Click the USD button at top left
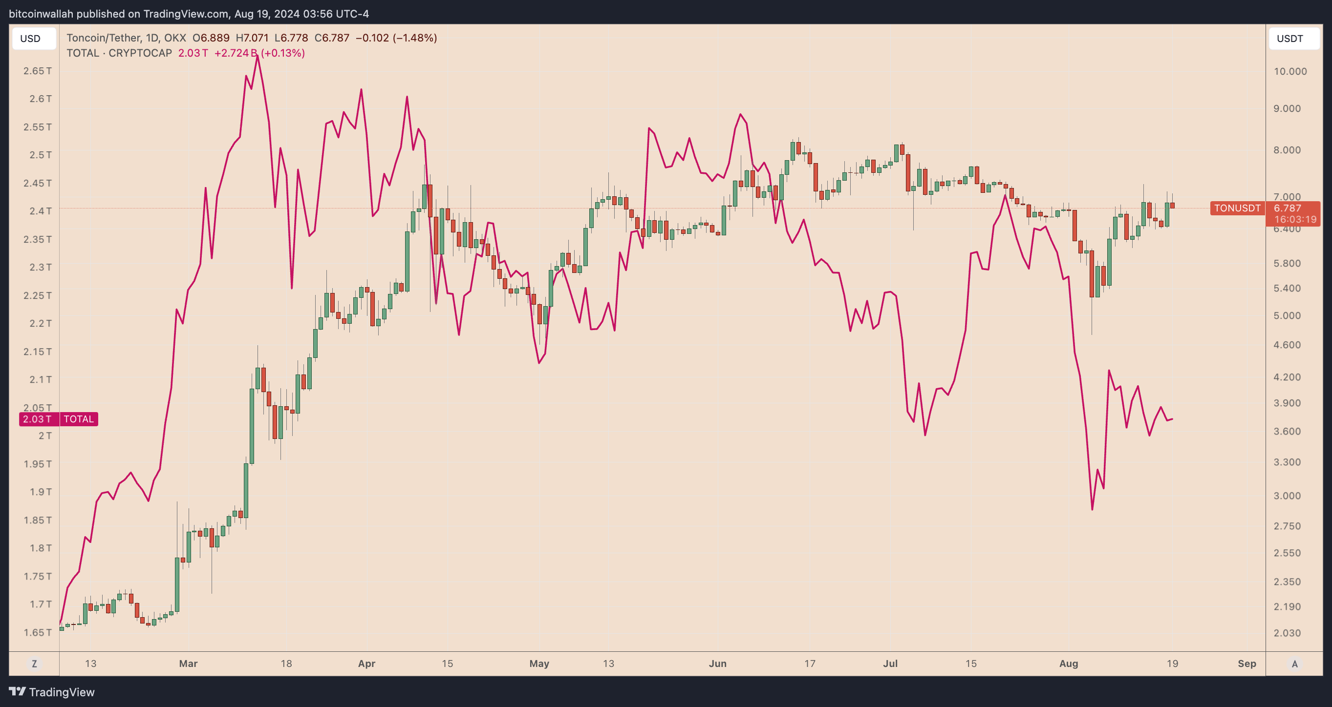[30, 39]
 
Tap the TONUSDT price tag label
[1237, 208]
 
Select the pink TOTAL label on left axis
[79, 419]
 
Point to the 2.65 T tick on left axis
[37, 71]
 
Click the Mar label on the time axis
[188, 664]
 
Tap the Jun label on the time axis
[717, 664]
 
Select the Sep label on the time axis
[1246, 664]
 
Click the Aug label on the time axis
[1068, 664]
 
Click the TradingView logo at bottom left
[52, 692]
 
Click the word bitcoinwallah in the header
[41, 14]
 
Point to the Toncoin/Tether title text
[104, 38]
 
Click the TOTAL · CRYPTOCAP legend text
[119, 53]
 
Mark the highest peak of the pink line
[257, 55]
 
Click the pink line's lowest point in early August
[1092, 510]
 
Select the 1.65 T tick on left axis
[37, 633]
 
